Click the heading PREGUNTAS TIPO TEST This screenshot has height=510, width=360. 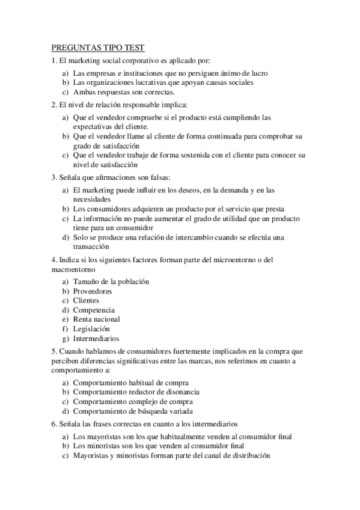pyautogui.click(x=98, y=48)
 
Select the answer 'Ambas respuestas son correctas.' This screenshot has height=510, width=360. pyautogui.click(x=123, y=92)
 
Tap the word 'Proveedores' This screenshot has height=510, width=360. pyautogui.click(x=92, y=291)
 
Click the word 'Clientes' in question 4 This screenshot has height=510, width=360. pyautogui.click(x=86, y=300)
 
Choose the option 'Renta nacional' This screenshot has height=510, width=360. pyautogui.click(x=96, y=319)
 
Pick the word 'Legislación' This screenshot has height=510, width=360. pyautogui.click(x=91, y=329)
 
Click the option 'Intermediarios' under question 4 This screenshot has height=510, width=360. pyautogui.click(x=96, y=339)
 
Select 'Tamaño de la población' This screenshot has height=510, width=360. pyautogui.click(x=111, y=281)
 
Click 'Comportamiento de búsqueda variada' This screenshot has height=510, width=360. pyautogui.click(x=133, y=411)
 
